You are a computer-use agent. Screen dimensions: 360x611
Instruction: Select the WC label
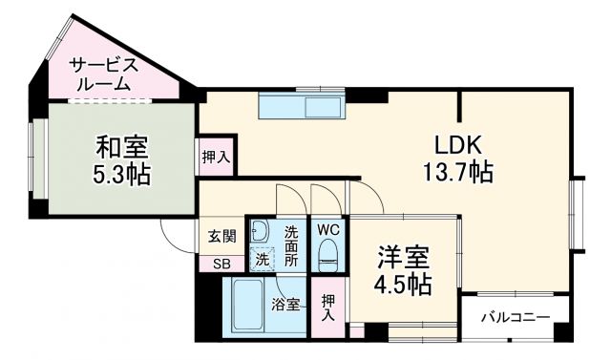point(327,230)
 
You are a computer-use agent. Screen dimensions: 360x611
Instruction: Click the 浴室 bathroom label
point(284,306)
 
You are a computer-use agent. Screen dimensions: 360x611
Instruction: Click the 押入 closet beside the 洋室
point(329,305)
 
